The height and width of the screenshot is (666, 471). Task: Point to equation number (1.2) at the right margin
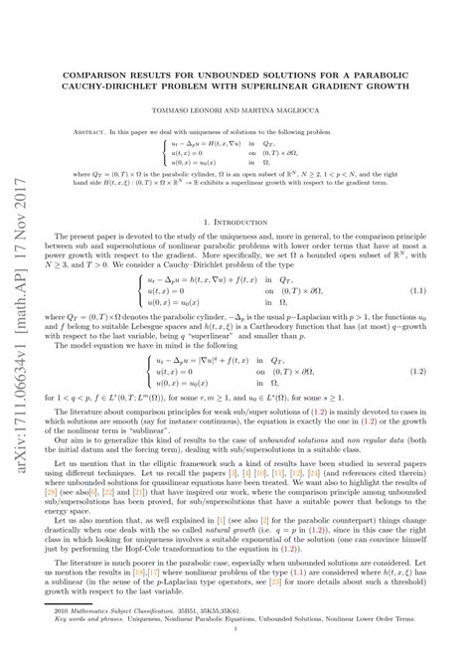pyautogui.click(x=416, y=370)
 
